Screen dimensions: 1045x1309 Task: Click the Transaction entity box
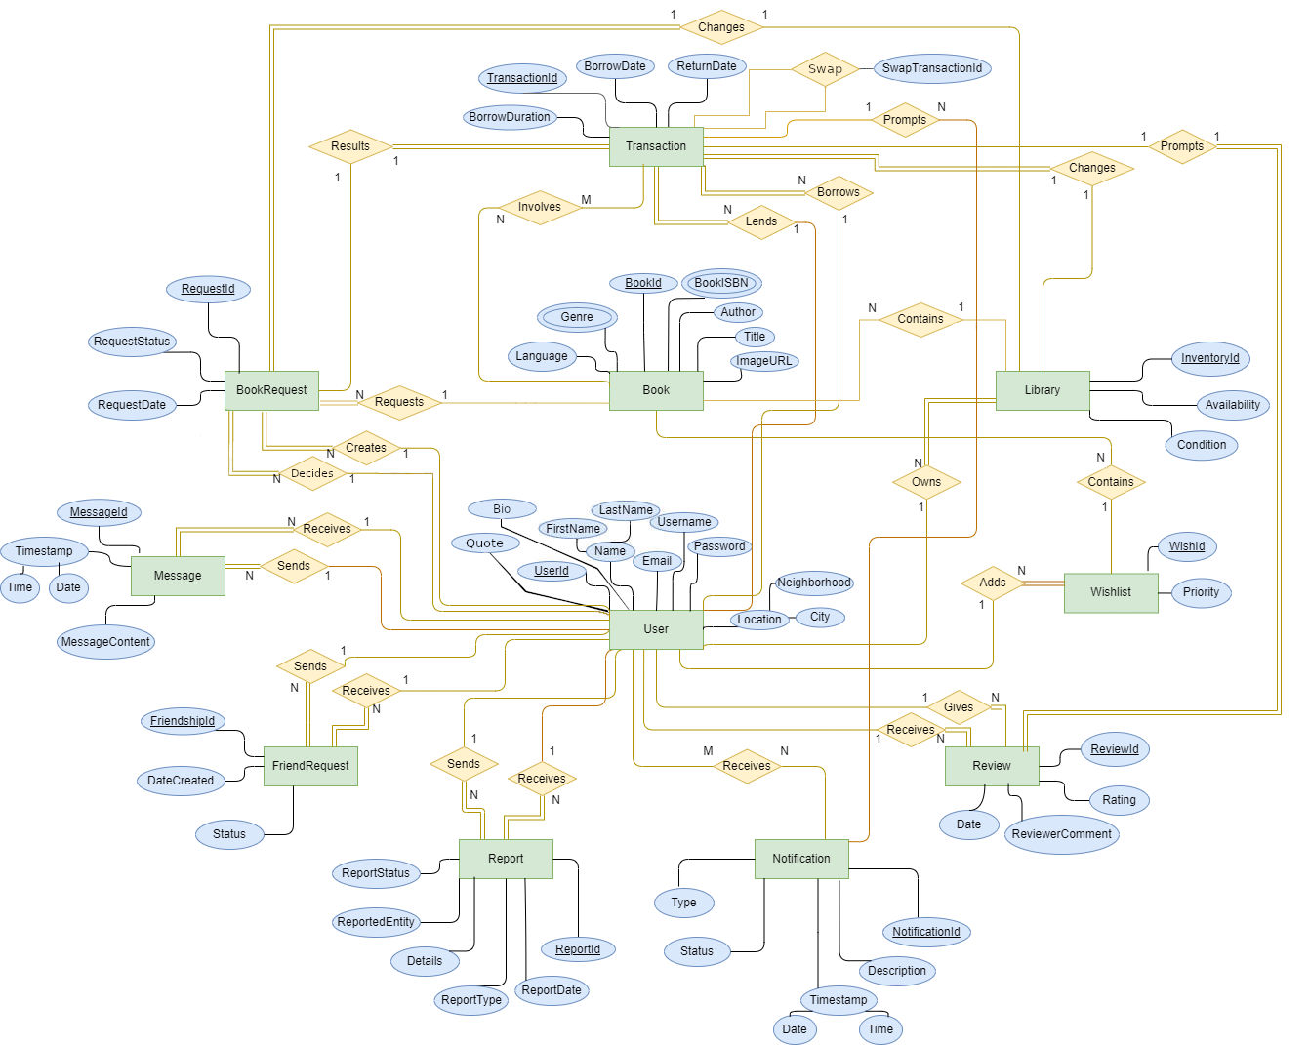pyautogui.click(x=656, y=146)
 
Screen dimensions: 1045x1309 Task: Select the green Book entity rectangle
pyautogui.click(x=656, y=390)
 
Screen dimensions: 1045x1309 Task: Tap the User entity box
pyautogui.click(x=656, y=629)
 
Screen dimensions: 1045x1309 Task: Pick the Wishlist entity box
pyautogui.click(x=1111, y=592)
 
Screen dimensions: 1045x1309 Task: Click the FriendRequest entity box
pyautogui.click(x=310, y=766)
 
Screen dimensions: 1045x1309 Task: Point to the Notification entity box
pyautogui.click(x=801, y=859)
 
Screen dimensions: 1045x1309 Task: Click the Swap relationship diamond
pyautogui.click(x=825, y=69)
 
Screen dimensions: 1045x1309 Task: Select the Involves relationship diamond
pyautogui.click(x=540, y=207)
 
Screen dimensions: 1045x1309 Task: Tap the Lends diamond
pyautogui.click(x=761, y=221)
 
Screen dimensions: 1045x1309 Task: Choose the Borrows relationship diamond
pyautogui.click(x=839, y=192)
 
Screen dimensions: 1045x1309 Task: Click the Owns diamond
pyautogui.click(x=926, y=482)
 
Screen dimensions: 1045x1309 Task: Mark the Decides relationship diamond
pyautogui.click(x=312, y=473)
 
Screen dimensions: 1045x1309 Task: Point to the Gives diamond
pyautogui.click(x=959, y=707)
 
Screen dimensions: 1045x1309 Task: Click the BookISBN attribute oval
pyautogui.click(x=721, y=283)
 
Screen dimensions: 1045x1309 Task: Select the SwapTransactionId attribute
pyautogui.click(x=932, y=68)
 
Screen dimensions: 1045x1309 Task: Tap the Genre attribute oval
pyautogui.click(x=577, y=317)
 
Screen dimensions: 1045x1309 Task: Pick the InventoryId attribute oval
pyautogui.click(x=1209, y=358)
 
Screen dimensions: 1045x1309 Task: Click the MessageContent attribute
pyautogui.click(x=105, y=642)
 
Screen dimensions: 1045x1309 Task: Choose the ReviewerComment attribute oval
pyautogui.click(x=1061, y=834)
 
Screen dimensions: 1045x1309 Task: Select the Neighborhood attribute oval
pyautogui.click(x=814, y=583)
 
